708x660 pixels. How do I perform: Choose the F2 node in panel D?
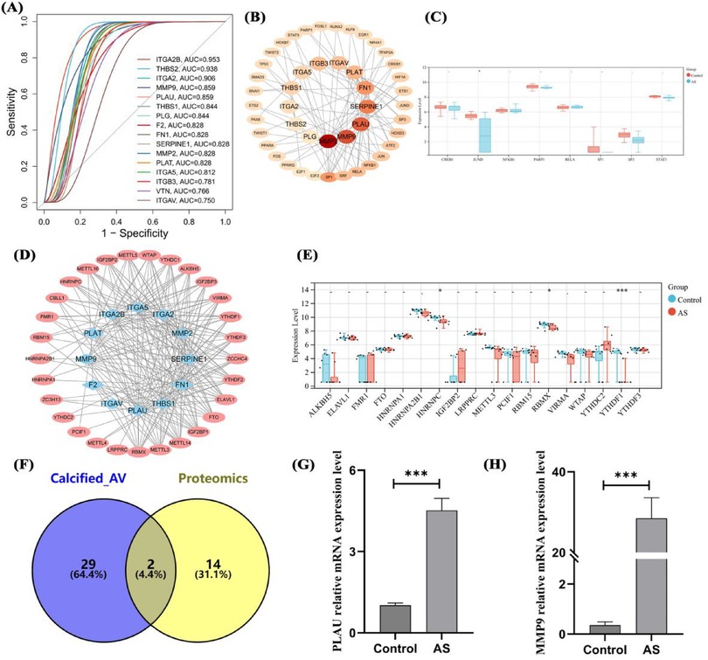point(92,384)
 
